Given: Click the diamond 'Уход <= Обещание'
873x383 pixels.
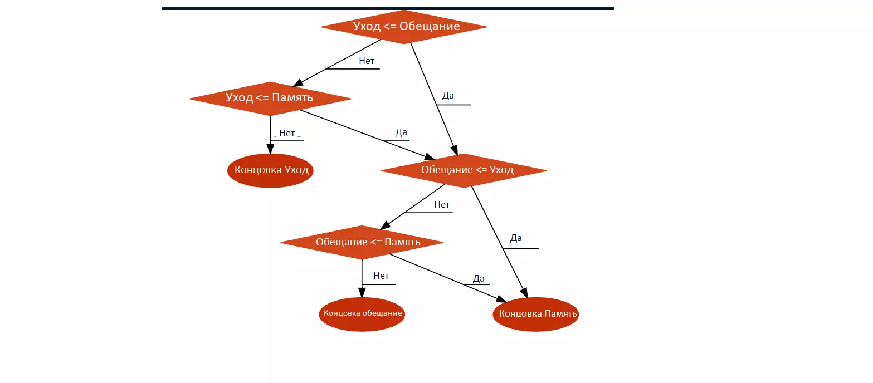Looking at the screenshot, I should (404, 27).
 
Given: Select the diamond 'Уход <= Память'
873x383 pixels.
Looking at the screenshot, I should (270, 99).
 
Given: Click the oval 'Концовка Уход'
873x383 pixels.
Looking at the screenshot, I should (271, 170).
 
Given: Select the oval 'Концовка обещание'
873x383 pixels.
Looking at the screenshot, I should (362, 313).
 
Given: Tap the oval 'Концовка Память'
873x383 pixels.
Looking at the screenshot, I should (536, 314).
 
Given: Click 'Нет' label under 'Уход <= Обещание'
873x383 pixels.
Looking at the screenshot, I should (367, 61).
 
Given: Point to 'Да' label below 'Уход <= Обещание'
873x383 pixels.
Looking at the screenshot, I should (448, 96).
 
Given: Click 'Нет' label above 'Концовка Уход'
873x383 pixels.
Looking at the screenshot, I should (287, 134).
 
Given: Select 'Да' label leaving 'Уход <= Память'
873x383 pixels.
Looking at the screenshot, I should (401, 132).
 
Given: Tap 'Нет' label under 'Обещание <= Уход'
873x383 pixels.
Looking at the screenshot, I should (442, 205).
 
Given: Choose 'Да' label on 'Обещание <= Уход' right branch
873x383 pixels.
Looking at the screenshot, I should (516, 238).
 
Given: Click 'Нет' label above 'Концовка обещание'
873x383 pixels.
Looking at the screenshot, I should (381, 276).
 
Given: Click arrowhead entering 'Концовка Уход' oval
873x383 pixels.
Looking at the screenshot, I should (270, 149).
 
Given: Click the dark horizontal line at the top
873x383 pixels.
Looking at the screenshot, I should (388, 8).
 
